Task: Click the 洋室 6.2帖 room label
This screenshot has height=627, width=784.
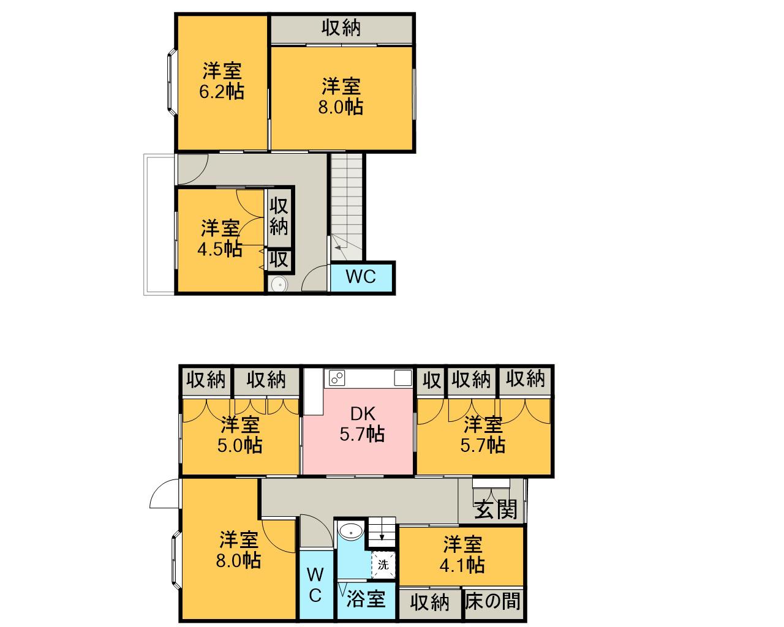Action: click(x=221, y=81)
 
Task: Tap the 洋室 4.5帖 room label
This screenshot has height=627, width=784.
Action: click(x=220, y=239)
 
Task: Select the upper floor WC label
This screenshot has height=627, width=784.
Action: click(x=361, y=277)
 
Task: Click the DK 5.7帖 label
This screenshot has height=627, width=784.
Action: click(x=362, y=424)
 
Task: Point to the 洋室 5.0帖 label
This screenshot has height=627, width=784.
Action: click(x=239, y=434)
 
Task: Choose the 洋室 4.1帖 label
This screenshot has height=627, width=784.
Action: click(x=462, y=554)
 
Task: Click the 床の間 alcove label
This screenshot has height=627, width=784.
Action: click(x=493, y=601)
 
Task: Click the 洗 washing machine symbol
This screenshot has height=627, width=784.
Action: click(x=383, y=565)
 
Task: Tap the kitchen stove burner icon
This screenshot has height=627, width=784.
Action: click(x=336, y=378)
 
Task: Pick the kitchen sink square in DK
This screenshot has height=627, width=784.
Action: click(x=402, y=378)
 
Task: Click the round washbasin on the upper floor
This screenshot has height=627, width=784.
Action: click(x=279, y=284)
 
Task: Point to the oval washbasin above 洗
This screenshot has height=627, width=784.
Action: click(x=351, y=531)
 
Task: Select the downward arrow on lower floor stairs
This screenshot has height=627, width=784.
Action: click(x=382, y=536)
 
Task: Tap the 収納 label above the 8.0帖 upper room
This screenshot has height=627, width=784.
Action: click(x=341, y=28)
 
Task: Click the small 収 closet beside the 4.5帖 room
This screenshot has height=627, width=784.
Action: click(x=279, y=260)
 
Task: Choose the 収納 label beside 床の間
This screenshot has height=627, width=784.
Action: click(x=429, y=603)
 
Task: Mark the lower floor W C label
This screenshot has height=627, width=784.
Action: click(x=315, y=585)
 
